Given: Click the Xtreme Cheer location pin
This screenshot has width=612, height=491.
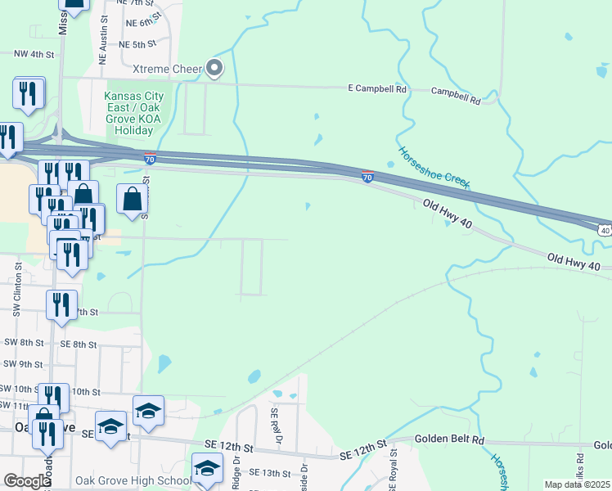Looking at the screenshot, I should [x=214, y=68].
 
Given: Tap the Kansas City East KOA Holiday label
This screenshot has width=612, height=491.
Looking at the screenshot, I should [x=133, y=113].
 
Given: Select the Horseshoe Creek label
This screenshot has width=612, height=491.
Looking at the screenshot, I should [x=434, y=168].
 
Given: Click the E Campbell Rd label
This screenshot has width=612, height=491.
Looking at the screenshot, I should [x=377, y=88].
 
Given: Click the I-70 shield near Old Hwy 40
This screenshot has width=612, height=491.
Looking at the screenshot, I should [x=368, y=177].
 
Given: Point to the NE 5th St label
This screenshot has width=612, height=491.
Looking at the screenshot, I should [x=137, y=45].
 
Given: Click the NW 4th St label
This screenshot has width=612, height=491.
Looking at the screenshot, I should [x=34, y=54].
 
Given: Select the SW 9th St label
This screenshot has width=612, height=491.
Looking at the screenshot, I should [x=22, y=364].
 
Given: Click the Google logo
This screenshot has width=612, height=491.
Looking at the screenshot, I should [x=28, y=481].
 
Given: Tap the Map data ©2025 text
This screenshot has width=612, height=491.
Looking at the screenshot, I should [x=576, y=484].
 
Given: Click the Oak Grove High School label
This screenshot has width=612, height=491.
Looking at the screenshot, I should [x=133, y=480].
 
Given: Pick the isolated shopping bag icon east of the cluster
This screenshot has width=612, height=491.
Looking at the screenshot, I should [x=132, y=199].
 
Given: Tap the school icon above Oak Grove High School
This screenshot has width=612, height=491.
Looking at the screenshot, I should [x=208, y=468].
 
